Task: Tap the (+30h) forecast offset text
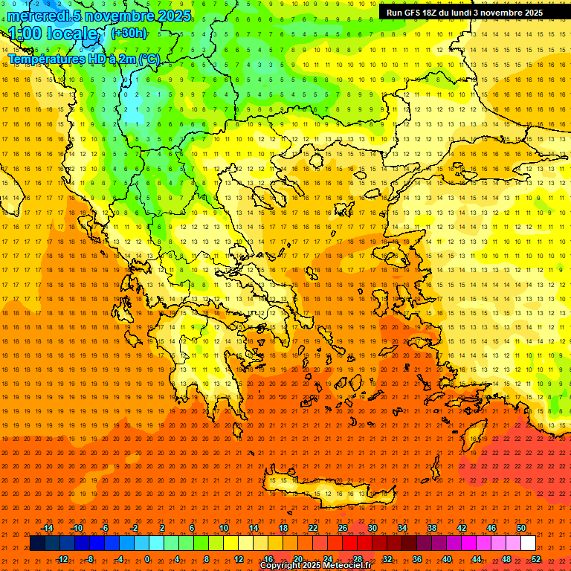coord(129,33)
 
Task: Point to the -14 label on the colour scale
coord(47,528)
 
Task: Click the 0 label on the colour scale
coord(147,558)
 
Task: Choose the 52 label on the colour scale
coord(535,558)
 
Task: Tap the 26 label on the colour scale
coord(343,528)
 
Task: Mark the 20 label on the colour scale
coord(297,558)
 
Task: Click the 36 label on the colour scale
coord(416,558)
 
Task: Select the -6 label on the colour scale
coord(105,528)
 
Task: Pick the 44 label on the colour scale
coord(476,558)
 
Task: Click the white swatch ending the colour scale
coord(528,543)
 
